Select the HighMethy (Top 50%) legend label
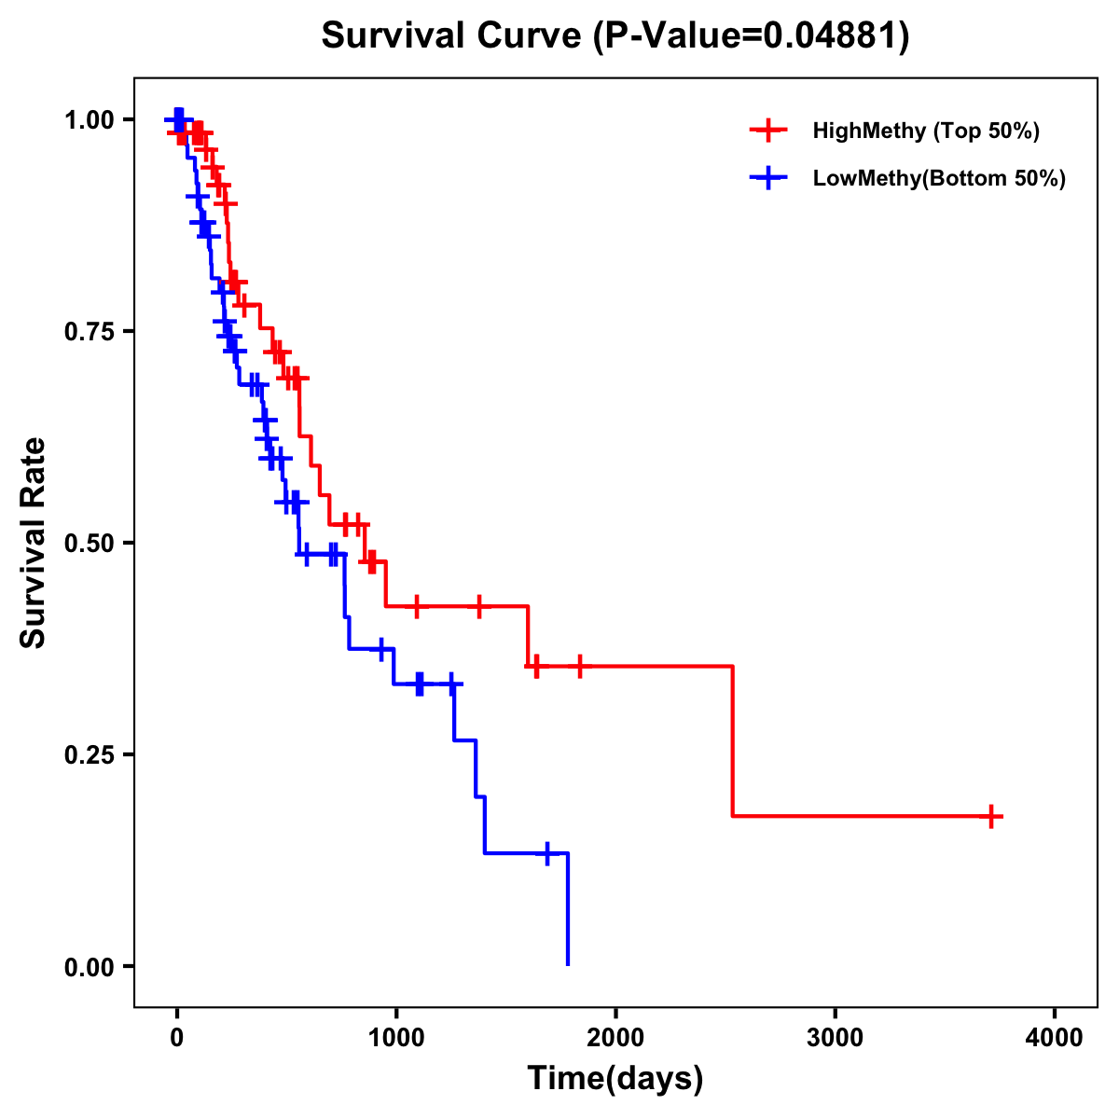[x=925, y=131]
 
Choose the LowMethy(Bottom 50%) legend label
[x=939, y=179]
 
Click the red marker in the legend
[x=767, y=131]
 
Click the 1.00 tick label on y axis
[x=90, y=119]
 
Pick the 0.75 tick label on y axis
[x=90, y=331]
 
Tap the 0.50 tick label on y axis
[x=90, y=543]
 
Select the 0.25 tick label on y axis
[x=90, y=754]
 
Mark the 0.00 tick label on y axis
[x=90, y=966]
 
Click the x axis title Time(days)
[x=615, y=1079]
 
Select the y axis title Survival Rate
[x=34, y=543]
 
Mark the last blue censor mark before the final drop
[x=547, y=852]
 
